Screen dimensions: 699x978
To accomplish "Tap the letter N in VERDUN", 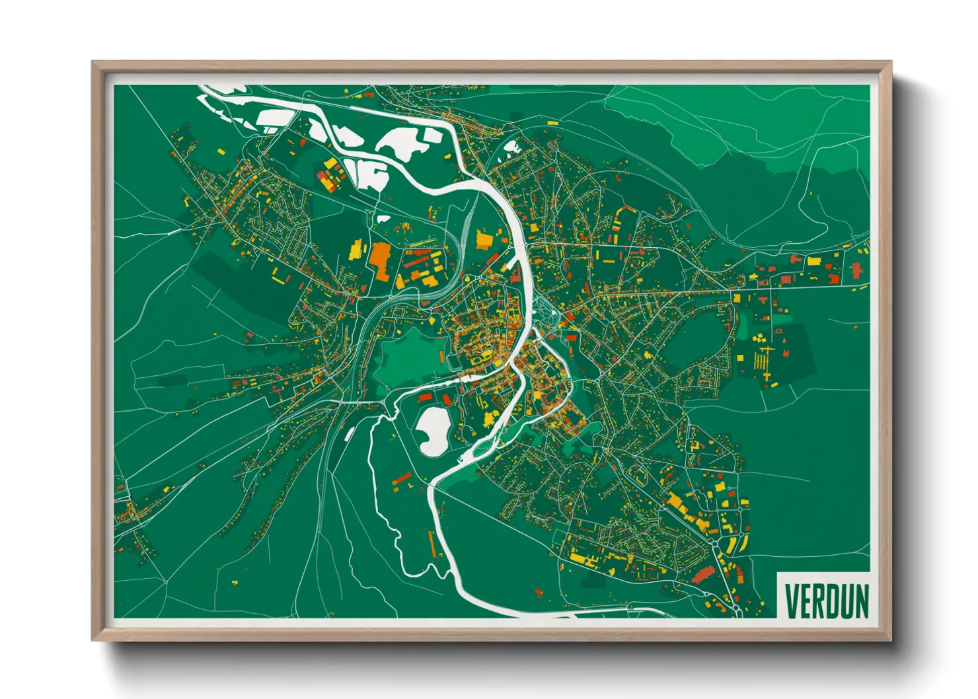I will point(860,601).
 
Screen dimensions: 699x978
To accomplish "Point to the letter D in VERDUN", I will point(829,601).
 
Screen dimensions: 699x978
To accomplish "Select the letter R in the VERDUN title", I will point(816,601).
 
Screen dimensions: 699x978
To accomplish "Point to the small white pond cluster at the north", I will point(511,147).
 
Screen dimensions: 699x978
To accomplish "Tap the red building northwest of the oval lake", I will point(424,397).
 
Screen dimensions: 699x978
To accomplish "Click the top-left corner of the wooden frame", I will point(94,63).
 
